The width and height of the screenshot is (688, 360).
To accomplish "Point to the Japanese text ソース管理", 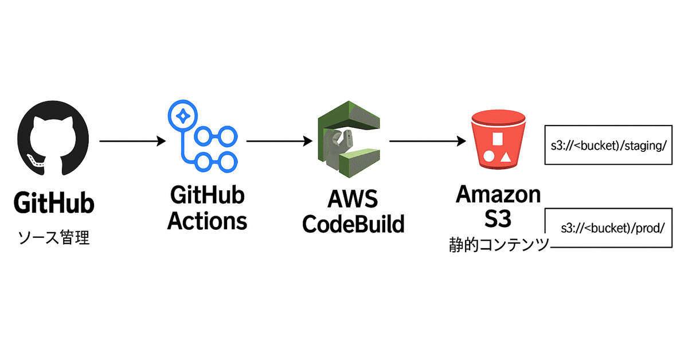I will (53, 237).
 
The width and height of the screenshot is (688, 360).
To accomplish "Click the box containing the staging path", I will (608, 145).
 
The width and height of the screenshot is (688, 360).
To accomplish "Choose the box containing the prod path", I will (608, 227).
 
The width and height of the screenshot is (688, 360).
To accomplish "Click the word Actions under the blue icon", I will (207, 221).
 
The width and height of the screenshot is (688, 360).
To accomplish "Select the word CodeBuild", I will (353, 224).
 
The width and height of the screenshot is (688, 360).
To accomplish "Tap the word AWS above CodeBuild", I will (353, 200).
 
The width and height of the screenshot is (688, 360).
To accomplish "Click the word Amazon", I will (498, 194).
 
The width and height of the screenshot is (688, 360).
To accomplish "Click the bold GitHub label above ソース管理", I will (53, 205).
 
